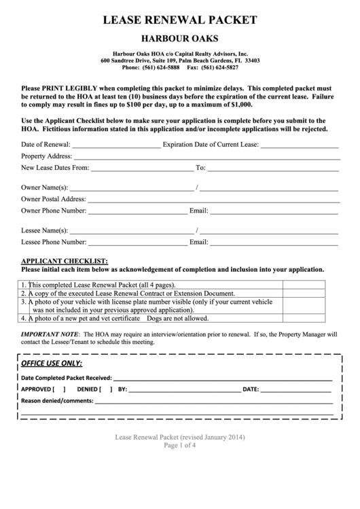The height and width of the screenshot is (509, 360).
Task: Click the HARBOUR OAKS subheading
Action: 179,39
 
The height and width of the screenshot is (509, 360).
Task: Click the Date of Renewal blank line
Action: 116,145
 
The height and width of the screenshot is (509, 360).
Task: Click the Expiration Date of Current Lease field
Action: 300,145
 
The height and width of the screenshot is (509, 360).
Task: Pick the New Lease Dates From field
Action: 141,168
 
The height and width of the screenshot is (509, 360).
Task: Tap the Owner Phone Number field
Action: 138,211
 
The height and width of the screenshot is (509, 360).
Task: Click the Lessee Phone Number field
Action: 139,243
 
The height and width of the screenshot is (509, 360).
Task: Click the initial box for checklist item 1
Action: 310,285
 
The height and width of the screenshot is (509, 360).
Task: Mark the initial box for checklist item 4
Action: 310,318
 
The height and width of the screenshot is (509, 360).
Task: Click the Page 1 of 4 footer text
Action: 179,446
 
